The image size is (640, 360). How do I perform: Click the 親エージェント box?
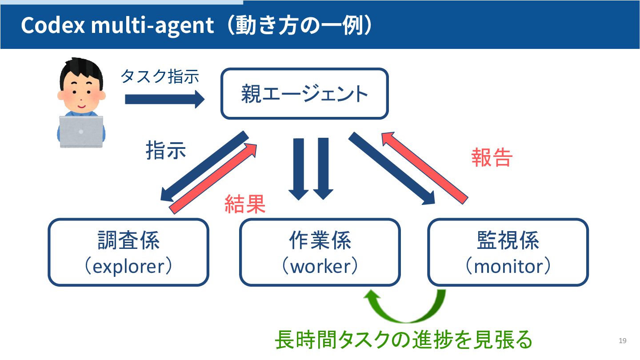(x=304, y=94)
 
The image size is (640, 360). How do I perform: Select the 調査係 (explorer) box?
(x=128, y=252)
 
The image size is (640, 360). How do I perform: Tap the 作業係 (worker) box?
(x=320, y=252)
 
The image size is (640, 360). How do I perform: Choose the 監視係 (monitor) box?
(x=508, y=252)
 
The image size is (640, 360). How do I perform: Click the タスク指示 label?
(x=160, y=76)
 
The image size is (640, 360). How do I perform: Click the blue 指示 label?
(x=166, y=151)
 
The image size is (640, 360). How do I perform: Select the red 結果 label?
(x=245, y=204)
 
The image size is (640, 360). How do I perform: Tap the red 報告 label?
(x=492, y=157)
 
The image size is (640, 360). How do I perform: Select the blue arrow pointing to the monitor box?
(x=391, y=168)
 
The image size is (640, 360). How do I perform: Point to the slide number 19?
(x=622, y=341)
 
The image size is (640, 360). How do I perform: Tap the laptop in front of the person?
(x=81, y=132)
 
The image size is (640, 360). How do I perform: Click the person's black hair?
(x=80, y=71)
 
